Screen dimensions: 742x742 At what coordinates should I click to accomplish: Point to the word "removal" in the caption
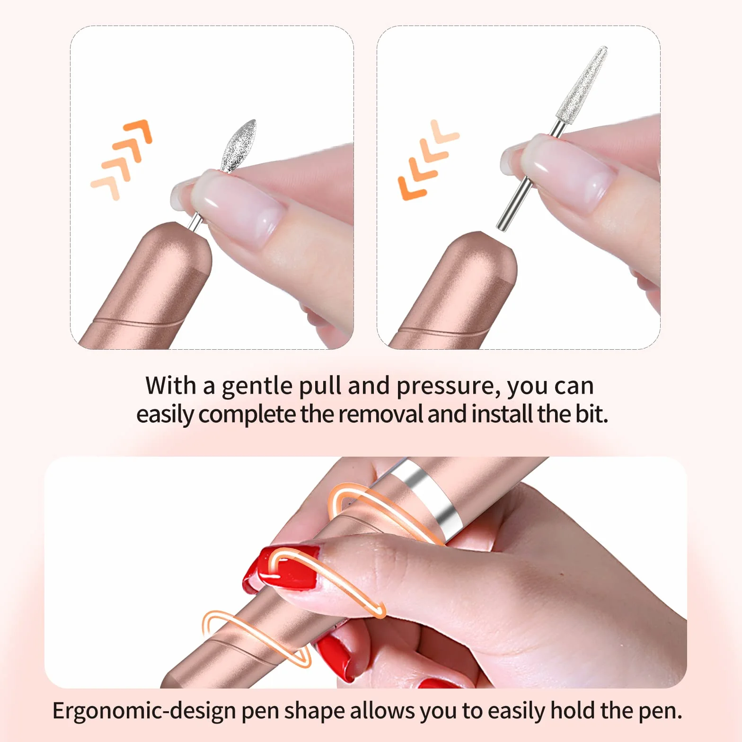pos(381,414)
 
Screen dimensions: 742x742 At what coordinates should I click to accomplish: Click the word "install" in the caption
pos(502,414)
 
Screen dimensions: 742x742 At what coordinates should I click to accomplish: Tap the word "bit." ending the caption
pos(592,414)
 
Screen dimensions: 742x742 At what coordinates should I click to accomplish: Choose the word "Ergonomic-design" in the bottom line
pos(144,711)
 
